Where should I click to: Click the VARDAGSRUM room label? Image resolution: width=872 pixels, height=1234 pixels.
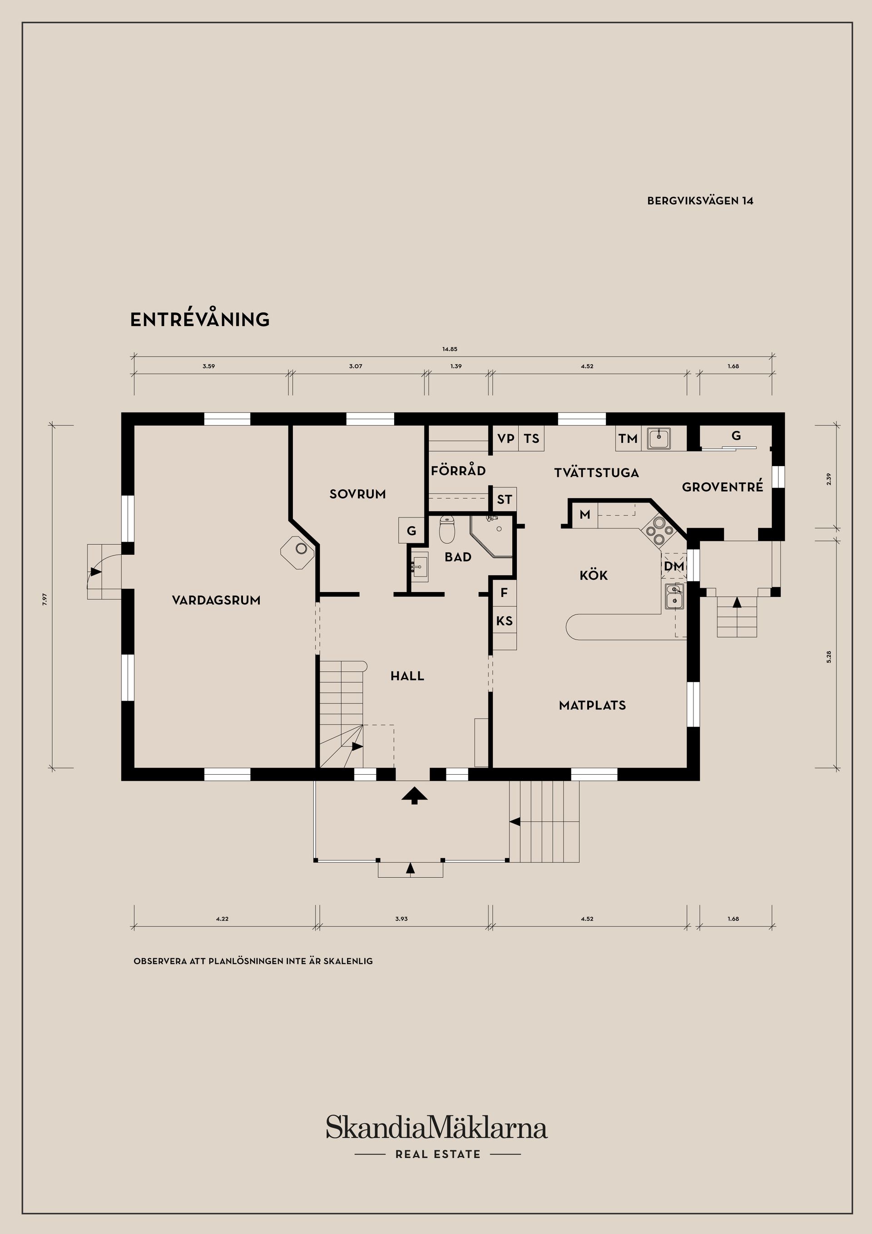tap(216, 600)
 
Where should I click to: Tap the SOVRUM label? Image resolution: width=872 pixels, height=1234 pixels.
tap(357, 494)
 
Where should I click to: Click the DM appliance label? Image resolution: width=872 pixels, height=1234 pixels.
tap(674, 566)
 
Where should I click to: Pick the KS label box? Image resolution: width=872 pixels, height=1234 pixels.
tap(504, 621)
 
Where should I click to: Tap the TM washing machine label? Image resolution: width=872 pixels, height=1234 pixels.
tap(628, 438)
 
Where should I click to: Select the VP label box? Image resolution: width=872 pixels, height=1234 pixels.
tap(505, 438)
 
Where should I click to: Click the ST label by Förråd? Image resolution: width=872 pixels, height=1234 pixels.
tap(504, 499)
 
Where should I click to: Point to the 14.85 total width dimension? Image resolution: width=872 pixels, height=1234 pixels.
tap(450, 349)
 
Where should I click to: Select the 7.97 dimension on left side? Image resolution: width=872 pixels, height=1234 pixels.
tap(45, 599)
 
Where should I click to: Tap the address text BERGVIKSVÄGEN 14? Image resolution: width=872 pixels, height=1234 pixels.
tap(700, 201)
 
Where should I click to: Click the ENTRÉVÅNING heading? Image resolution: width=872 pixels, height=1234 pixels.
tap(200, 319)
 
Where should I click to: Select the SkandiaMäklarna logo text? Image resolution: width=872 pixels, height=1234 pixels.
tap(436, 1127)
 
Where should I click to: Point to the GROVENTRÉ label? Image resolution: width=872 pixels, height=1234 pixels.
tap(722, 487)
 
